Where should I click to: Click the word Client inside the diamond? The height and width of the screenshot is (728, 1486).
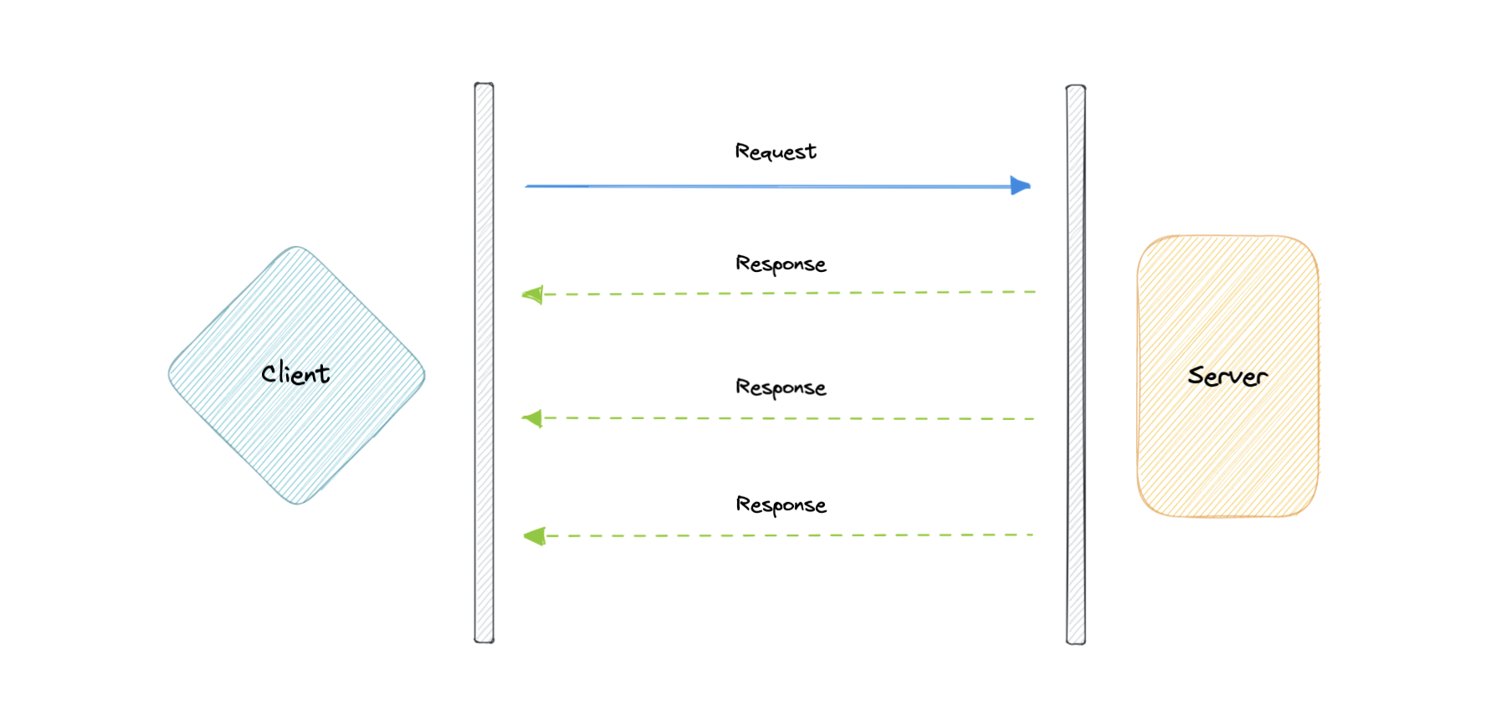point(295,373)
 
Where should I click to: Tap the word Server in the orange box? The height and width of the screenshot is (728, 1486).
point(1227,377)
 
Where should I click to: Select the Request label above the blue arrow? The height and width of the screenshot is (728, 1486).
point(775,151)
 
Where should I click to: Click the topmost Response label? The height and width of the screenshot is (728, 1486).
point(781,264)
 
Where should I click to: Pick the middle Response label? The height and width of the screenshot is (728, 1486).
point(781,387)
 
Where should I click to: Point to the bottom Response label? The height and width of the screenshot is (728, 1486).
point(781,505)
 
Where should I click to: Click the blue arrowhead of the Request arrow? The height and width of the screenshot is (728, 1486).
point(1020,186)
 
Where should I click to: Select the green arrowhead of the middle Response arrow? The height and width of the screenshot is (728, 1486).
point(533,418)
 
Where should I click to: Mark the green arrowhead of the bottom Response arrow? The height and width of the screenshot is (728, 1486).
point(535,536)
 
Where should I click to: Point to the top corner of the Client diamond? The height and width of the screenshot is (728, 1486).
point(296,249)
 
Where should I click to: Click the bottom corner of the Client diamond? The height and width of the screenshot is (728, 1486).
point(297,502)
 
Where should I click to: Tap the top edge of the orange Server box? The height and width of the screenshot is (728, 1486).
point(1227,237)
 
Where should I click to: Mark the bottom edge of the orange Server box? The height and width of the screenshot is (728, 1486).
point(1227,515)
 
